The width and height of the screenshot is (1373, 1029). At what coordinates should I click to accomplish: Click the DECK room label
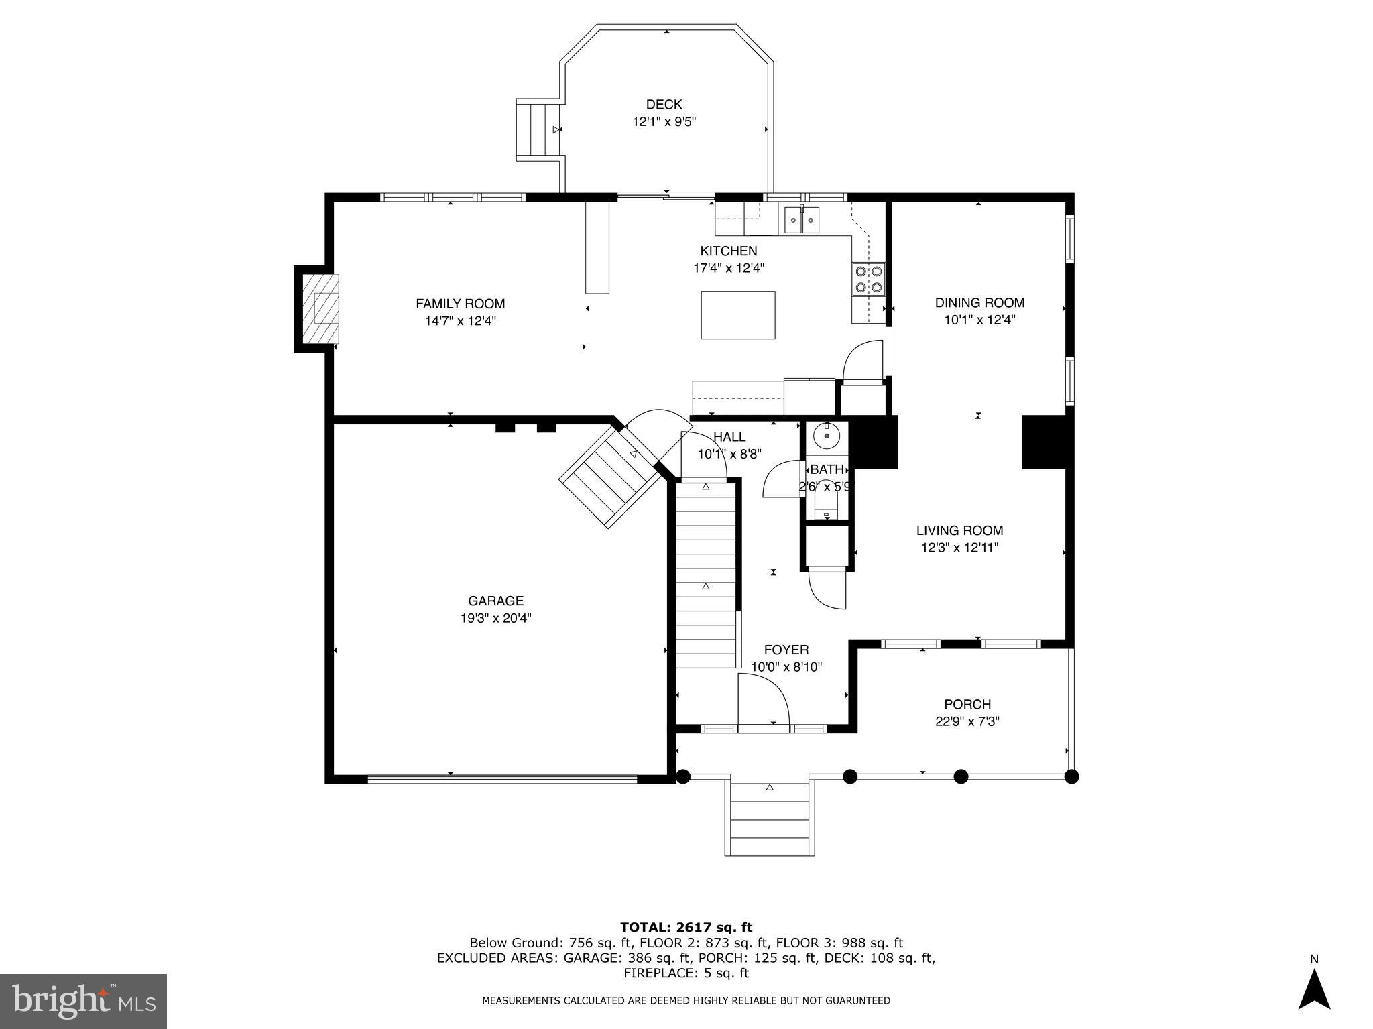(664, 105)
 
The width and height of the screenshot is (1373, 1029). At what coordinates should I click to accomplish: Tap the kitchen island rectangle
(738, 315)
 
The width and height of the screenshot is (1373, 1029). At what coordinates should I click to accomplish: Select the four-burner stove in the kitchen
(868, 280)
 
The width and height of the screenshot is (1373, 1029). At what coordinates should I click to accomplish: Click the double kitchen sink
(802, 220)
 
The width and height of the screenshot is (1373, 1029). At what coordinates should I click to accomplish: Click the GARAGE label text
(496, 601)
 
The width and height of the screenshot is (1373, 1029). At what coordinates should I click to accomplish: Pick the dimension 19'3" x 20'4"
(496, 619)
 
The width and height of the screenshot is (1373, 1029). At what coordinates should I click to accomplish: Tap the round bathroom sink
(827, 436)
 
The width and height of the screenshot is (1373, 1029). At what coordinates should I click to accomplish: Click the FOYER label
(786, 650)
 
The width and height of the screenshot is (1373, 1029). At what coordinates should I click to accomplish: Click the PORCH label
(967, 705)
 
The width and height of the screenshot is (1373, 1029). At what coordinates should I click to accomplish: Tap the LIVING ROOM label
(960, 530)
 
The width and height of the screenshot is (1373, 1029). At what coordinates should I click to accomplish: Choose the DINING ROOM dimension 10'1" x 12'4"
(980, 320)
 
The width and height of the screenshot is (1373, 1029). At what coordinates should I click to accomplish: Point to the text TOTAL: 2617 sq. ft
(686, 928)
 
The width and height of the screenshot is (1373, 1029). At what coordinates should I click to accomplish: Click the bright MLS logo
(83, 1002)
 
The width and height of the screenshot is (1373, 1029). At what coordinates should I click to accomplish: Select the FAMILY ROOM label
(461, 304)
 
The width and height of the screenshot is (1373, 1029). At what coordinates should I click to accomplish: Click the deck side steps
(538, 129)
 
